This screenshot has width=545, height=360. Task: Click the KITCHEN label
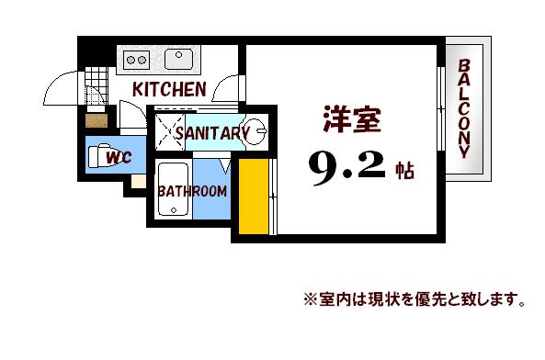point(168,89)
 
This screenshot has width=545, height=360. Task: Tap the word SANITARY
point(212,133)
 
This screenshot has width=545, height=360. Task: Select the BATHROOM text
point(192,191)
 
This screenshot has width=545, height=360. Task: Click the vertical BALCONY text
point(465,110)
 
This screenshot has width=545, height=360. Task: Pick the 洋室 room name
point(350,121)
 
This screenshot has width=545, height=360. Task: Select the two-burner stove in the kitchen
point(136,60)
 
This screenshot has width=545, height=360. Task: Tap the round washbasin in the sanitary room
point(254,129)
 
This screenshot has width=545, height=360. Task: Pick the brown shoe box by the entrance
point(94,119)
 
